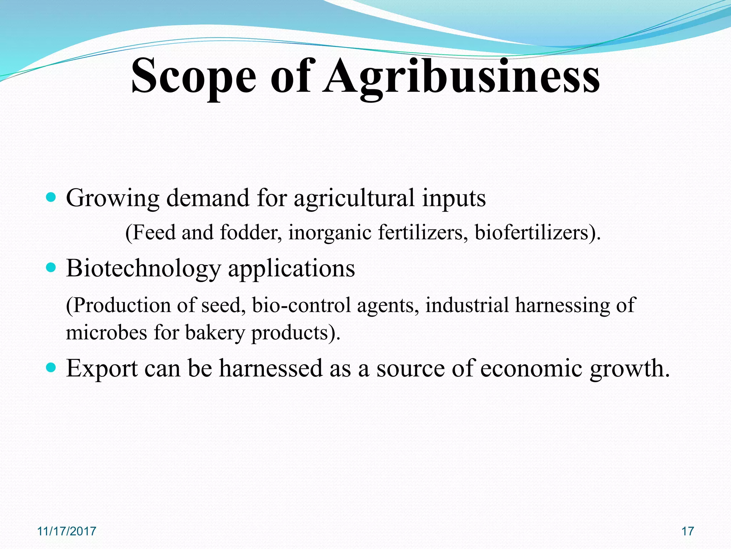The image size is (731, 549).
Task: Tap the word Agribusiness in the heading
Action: tap(462, 76)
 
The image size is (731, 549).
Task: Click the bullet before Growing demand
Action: tap(51, 197)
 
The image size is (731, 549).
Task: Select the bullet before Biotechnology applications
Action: tap(51, 267)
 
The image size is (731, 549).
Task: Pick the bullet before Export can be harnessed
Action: tap(51, 367)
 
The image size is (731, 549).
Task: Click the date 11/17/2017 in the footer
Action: tap(67, 531)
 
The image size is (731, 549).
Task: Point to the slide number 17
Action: tap(687, 531)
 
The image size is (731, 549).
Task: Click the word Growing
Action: tap(112, 198)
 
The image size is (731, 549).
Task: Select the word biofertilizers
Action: tap(534, 232)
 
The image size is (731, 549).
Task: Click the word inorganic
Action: tap(330, 232)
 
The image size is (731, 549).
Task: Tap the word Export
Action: tap(102, 368)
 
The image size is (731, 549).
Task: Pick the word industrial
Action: tap(467, 305)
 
